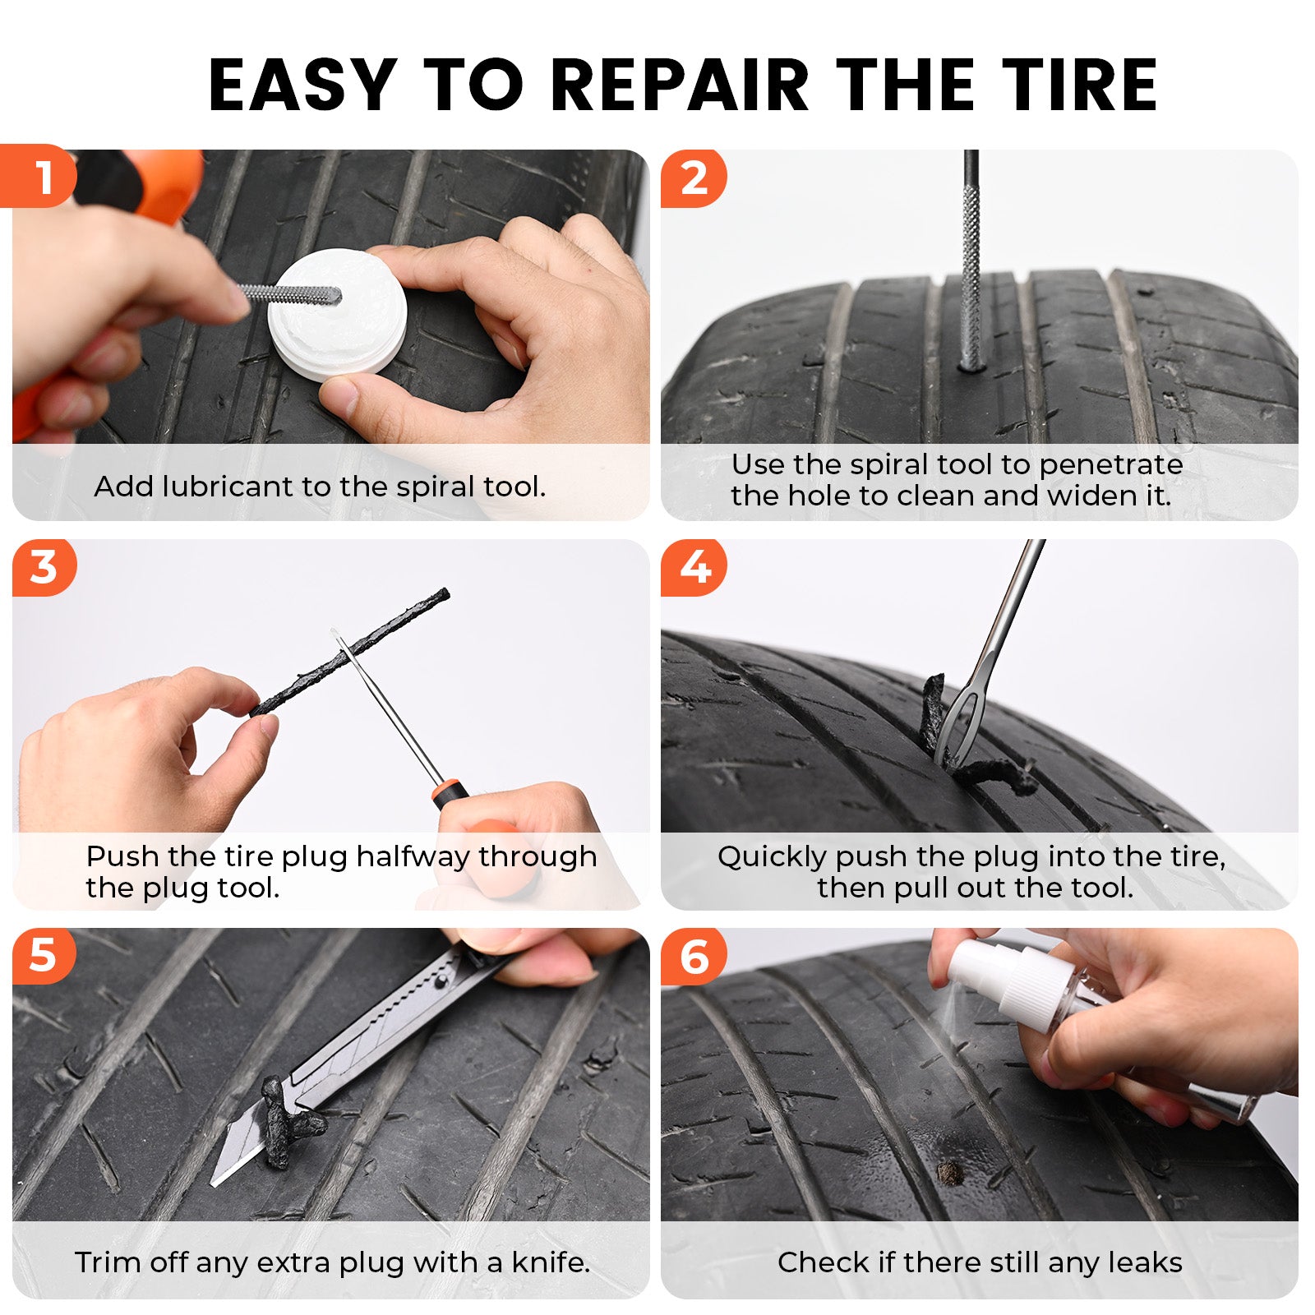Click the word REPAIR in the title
click(679, 85)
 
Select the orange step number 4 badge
click(694, 567)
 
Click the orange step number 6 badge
click(694, 957)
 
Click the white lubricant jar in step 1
click(337, 316)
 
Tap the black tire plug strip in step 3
click(353, 649)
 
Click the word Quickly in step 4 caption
click(773, 857)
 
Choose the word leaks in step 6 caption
click(1147, 1262)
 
